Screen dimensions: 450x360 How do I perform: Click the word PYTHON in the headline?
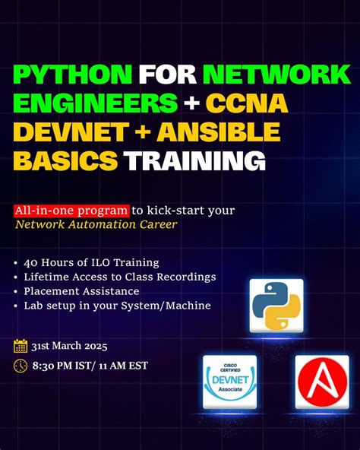(x=71, y=74)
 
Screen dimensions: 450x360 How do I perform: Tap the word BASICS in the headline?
(x=65, y=161)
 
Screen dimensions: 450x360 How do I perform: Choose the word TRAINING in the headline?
(x=195, y=161)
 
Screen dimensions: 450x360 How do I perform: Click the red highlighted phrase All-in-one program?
(x=70, y=210)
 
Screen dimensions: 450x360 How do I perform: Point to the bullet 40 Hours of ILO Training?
(x=90, y=262)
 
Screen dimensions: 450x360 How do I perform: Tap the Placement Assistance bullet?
(x=81, y=291)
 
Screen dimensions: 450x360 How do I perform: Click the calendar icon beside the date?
(x=21, y=347)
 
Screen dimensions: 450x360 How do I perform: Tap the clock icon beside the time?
(x=21, y=366)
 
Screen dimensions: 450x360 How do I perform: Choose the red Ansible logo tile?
(x=321, y=382)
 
